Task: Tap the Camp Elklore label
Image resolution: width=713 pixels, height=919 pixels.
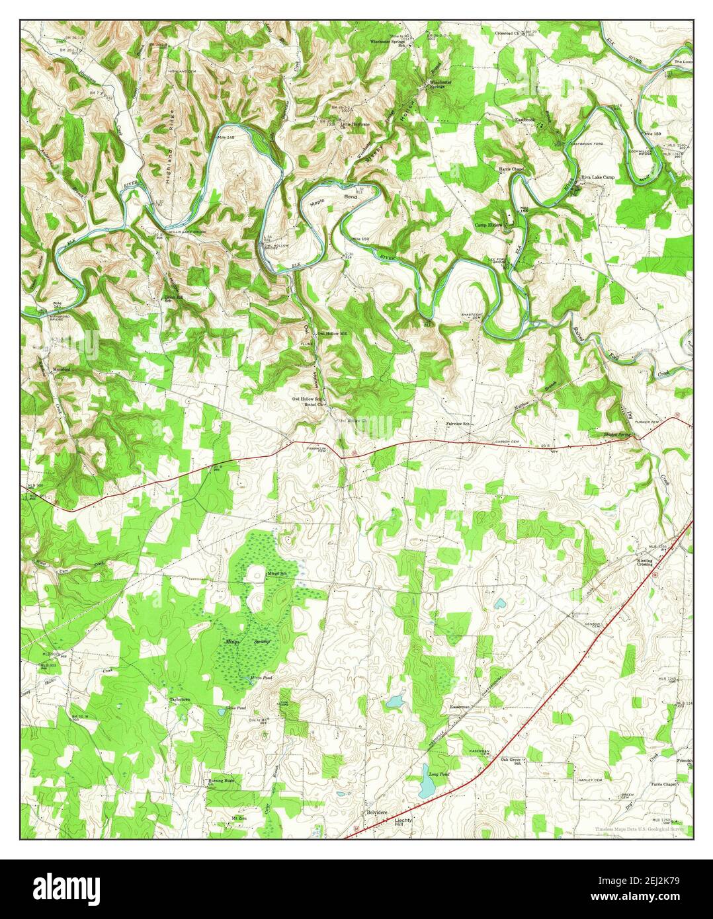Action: [x=489, y=225]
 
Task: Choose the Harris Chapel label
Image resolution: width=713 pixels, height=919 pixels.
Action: [x=511, y=169]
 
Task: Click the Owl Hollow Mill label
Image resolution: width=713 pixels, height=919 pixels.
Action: [x=332, y=334]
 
